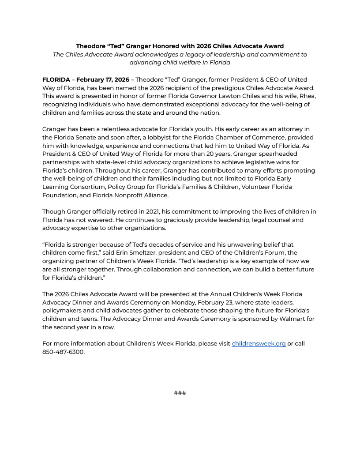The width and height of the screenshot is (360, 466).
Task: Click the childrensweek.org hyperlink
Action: [x=259, y=343]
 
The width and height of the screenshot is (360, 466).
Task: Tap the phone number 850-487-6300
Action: [x=63, y=352]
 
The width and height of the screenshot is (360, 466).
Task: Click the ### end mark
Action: [x=180, y=393]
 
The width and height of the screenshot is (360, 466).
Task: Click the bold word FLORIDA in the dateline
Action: [x=56, y=79]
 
